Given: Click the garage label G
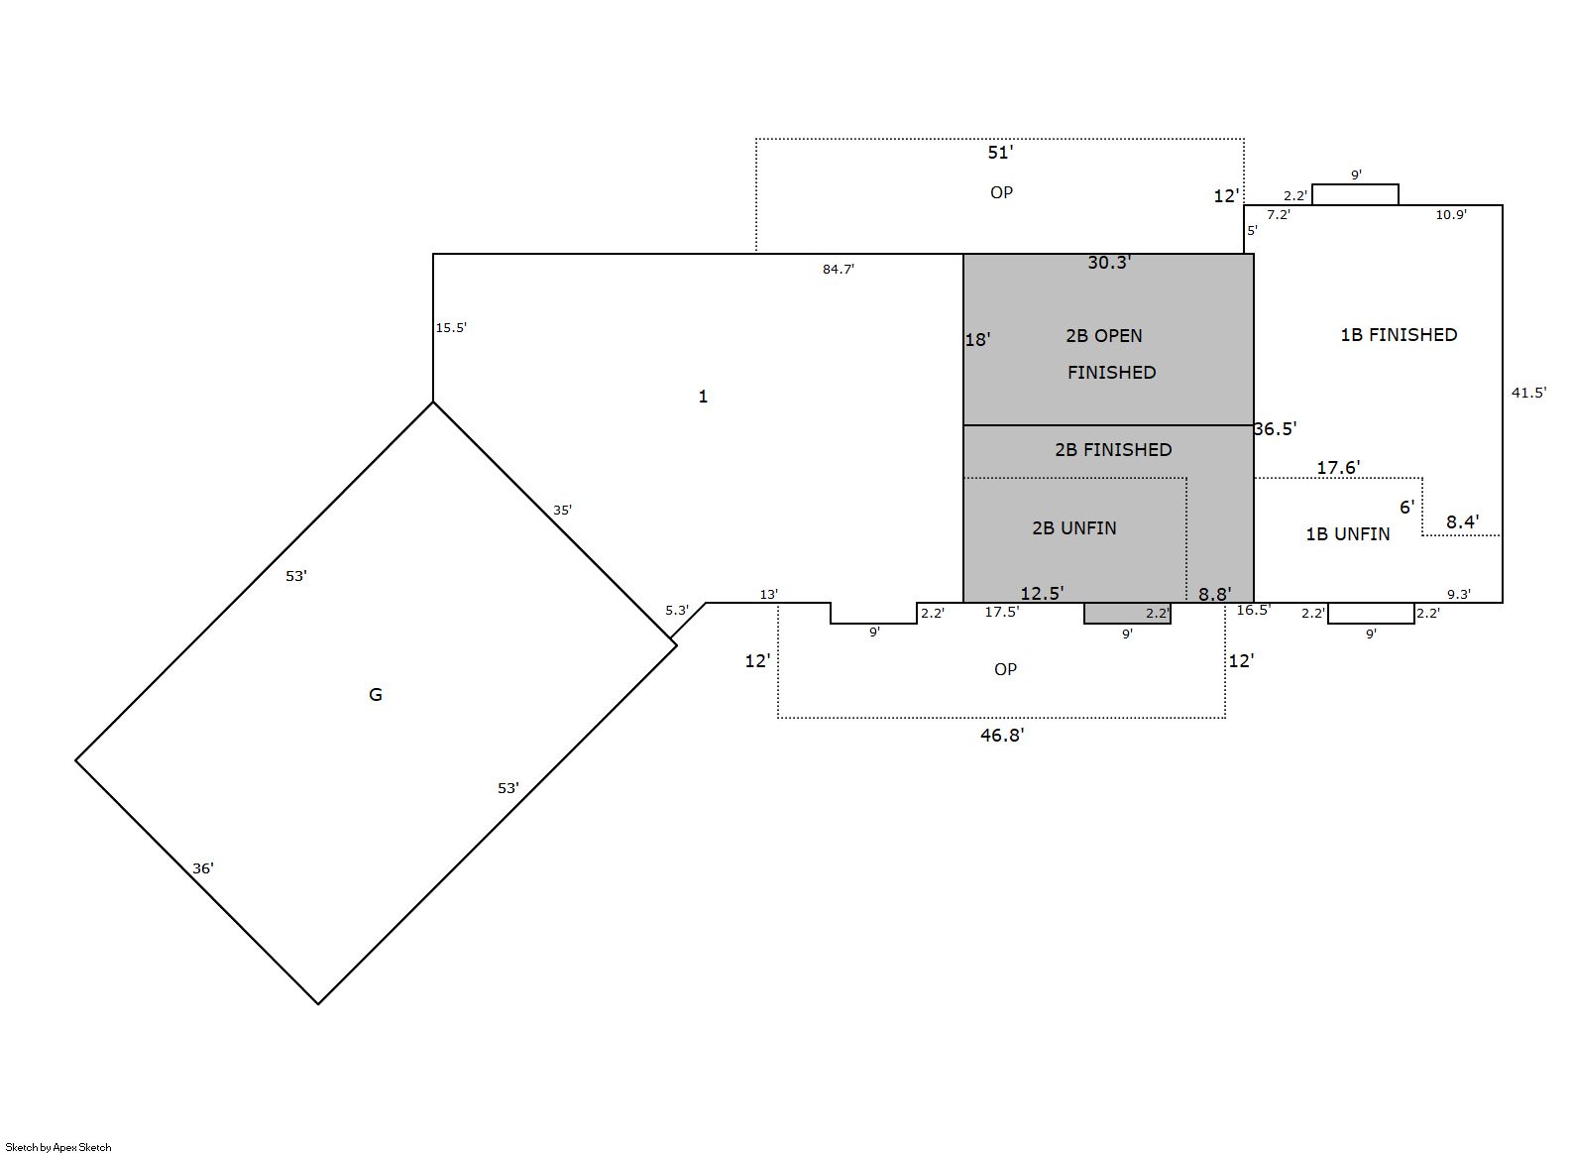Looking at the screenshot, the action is [x=376, y=694].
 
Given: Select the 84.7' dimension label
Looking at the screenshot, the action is [x=839, y=270].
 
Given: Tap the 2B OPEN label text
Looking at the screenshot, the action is [x=1104, y=336].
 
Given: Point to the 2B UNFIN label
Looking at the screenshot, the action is [x=1073, y=528].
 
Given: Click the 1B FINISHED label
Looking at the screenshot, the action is [x=1399, y=335].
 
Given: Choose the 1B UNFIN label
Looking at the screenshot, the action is [x=1347, y=534].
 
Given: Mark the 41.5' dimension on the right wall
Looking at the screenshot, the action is [x=1528, y=393].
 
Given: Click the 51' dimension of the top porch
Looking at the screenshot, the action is [x=1000, y=153].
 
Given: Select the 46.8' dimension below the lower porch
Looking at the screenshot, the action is [x=1002, y=735].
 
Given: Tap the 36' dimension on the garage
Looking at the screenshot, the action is [x=202, y=868].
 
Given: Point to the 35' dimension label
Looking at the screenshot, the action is [x=562, y=510].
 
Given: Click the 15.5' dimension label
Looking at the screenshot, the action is [x=451, y=327].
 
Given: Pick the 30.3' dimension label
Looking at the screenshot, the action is [x=1109, y=263].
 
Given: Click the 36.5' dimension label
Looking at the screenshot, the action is [x=1275, y=428].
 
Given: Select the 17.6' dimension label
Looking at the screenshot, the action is [x=1338, y=468].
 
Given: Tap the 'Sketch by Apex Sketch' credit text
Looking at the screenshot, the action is [x=58, y=1147].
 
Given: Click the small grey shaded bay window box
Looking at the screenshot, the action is [x=1127, y=613].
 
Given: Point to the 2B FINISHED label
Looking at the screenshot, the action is [x=1113, y=449].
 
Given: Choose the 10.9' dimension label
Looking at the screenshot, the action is [x=1450, y=214].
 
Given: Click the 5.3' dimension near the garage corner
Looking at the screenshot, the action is [x=677, y=611].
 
